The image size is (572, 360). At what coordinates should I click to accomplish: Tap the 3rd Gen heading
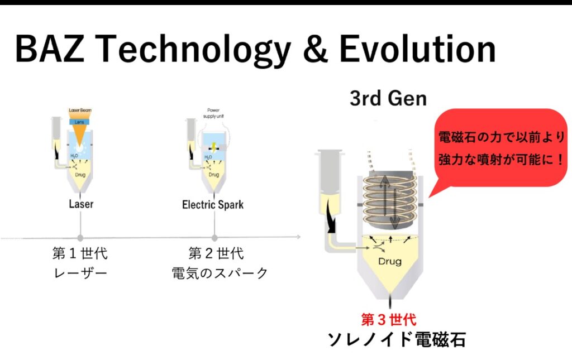tap(388, 99)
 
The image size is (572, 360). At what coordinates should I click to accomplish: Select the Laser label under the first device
tap(80, 204)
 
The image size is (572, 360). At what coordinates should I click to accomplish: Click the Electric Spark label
tap(213, 204)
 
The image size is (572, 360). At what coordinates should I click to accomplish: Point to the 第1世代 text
tap(80, 254)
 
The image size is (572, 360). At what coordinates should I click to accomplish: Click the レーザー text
tap(80, 273)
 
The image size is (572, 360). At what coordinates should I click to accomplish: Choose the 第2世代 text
tap(216, 254)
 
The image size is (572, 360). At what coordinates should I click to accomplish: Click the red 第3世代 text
tap(388, 320)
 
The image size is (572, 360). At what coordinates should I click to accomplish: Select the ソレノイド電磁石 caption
tap(396, 339)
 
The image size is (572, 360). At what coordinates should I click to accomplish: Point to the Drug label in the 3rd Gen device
tap(390, 261)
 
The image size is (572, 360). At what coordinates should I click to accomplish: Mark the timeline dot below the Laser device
tap(80, 238)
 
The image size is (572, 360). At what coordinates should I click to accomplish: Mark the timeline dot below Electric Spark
tap(214, 238)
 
